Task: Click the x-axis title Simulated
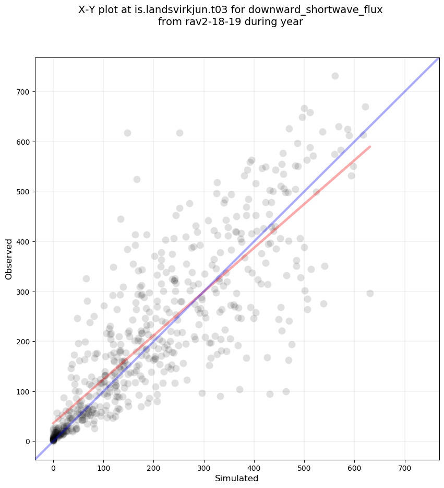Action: (x=237, y=478)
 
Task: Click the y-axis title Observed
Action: (x=9, y=259)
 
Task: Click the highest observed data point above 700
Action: (x=335, y=76)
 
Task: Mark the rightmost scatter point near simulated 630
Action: (x=370, y=293)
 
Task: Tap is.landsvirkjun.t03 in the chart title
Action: (x=176, y=10)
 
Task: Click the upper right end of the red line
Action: (x=370, y=147)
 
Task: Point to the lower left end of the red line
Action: (x=53, y=423)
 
